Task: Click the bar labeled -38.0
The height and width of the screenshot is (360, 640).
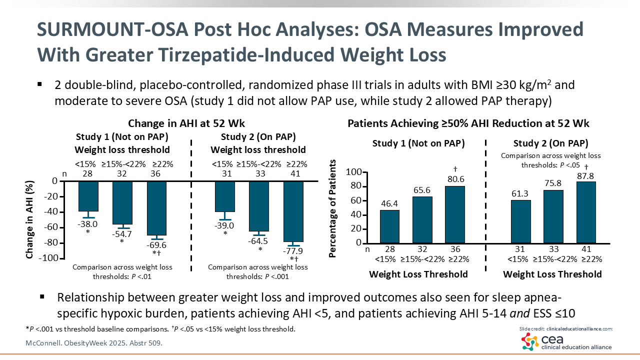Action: pyautogui.click(x=88, y=196)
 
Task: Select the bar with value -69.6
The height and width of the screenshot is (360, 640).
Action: pyautogui.click(x=156, y=208)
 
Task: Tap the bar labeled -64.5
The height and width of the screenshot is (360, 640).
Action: pyautogui.click(x=259, y=206)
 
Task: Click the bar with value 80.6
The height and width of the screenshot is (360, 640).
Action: pyautogui.click(x=454, y=214)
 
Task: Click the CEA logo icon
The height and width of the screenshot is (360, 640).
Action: pyautogui.click(x=530, y=342)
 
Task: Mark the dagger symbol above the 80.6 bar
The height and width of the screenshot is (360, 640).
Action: pyautogui.click(x=454, y=169)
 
